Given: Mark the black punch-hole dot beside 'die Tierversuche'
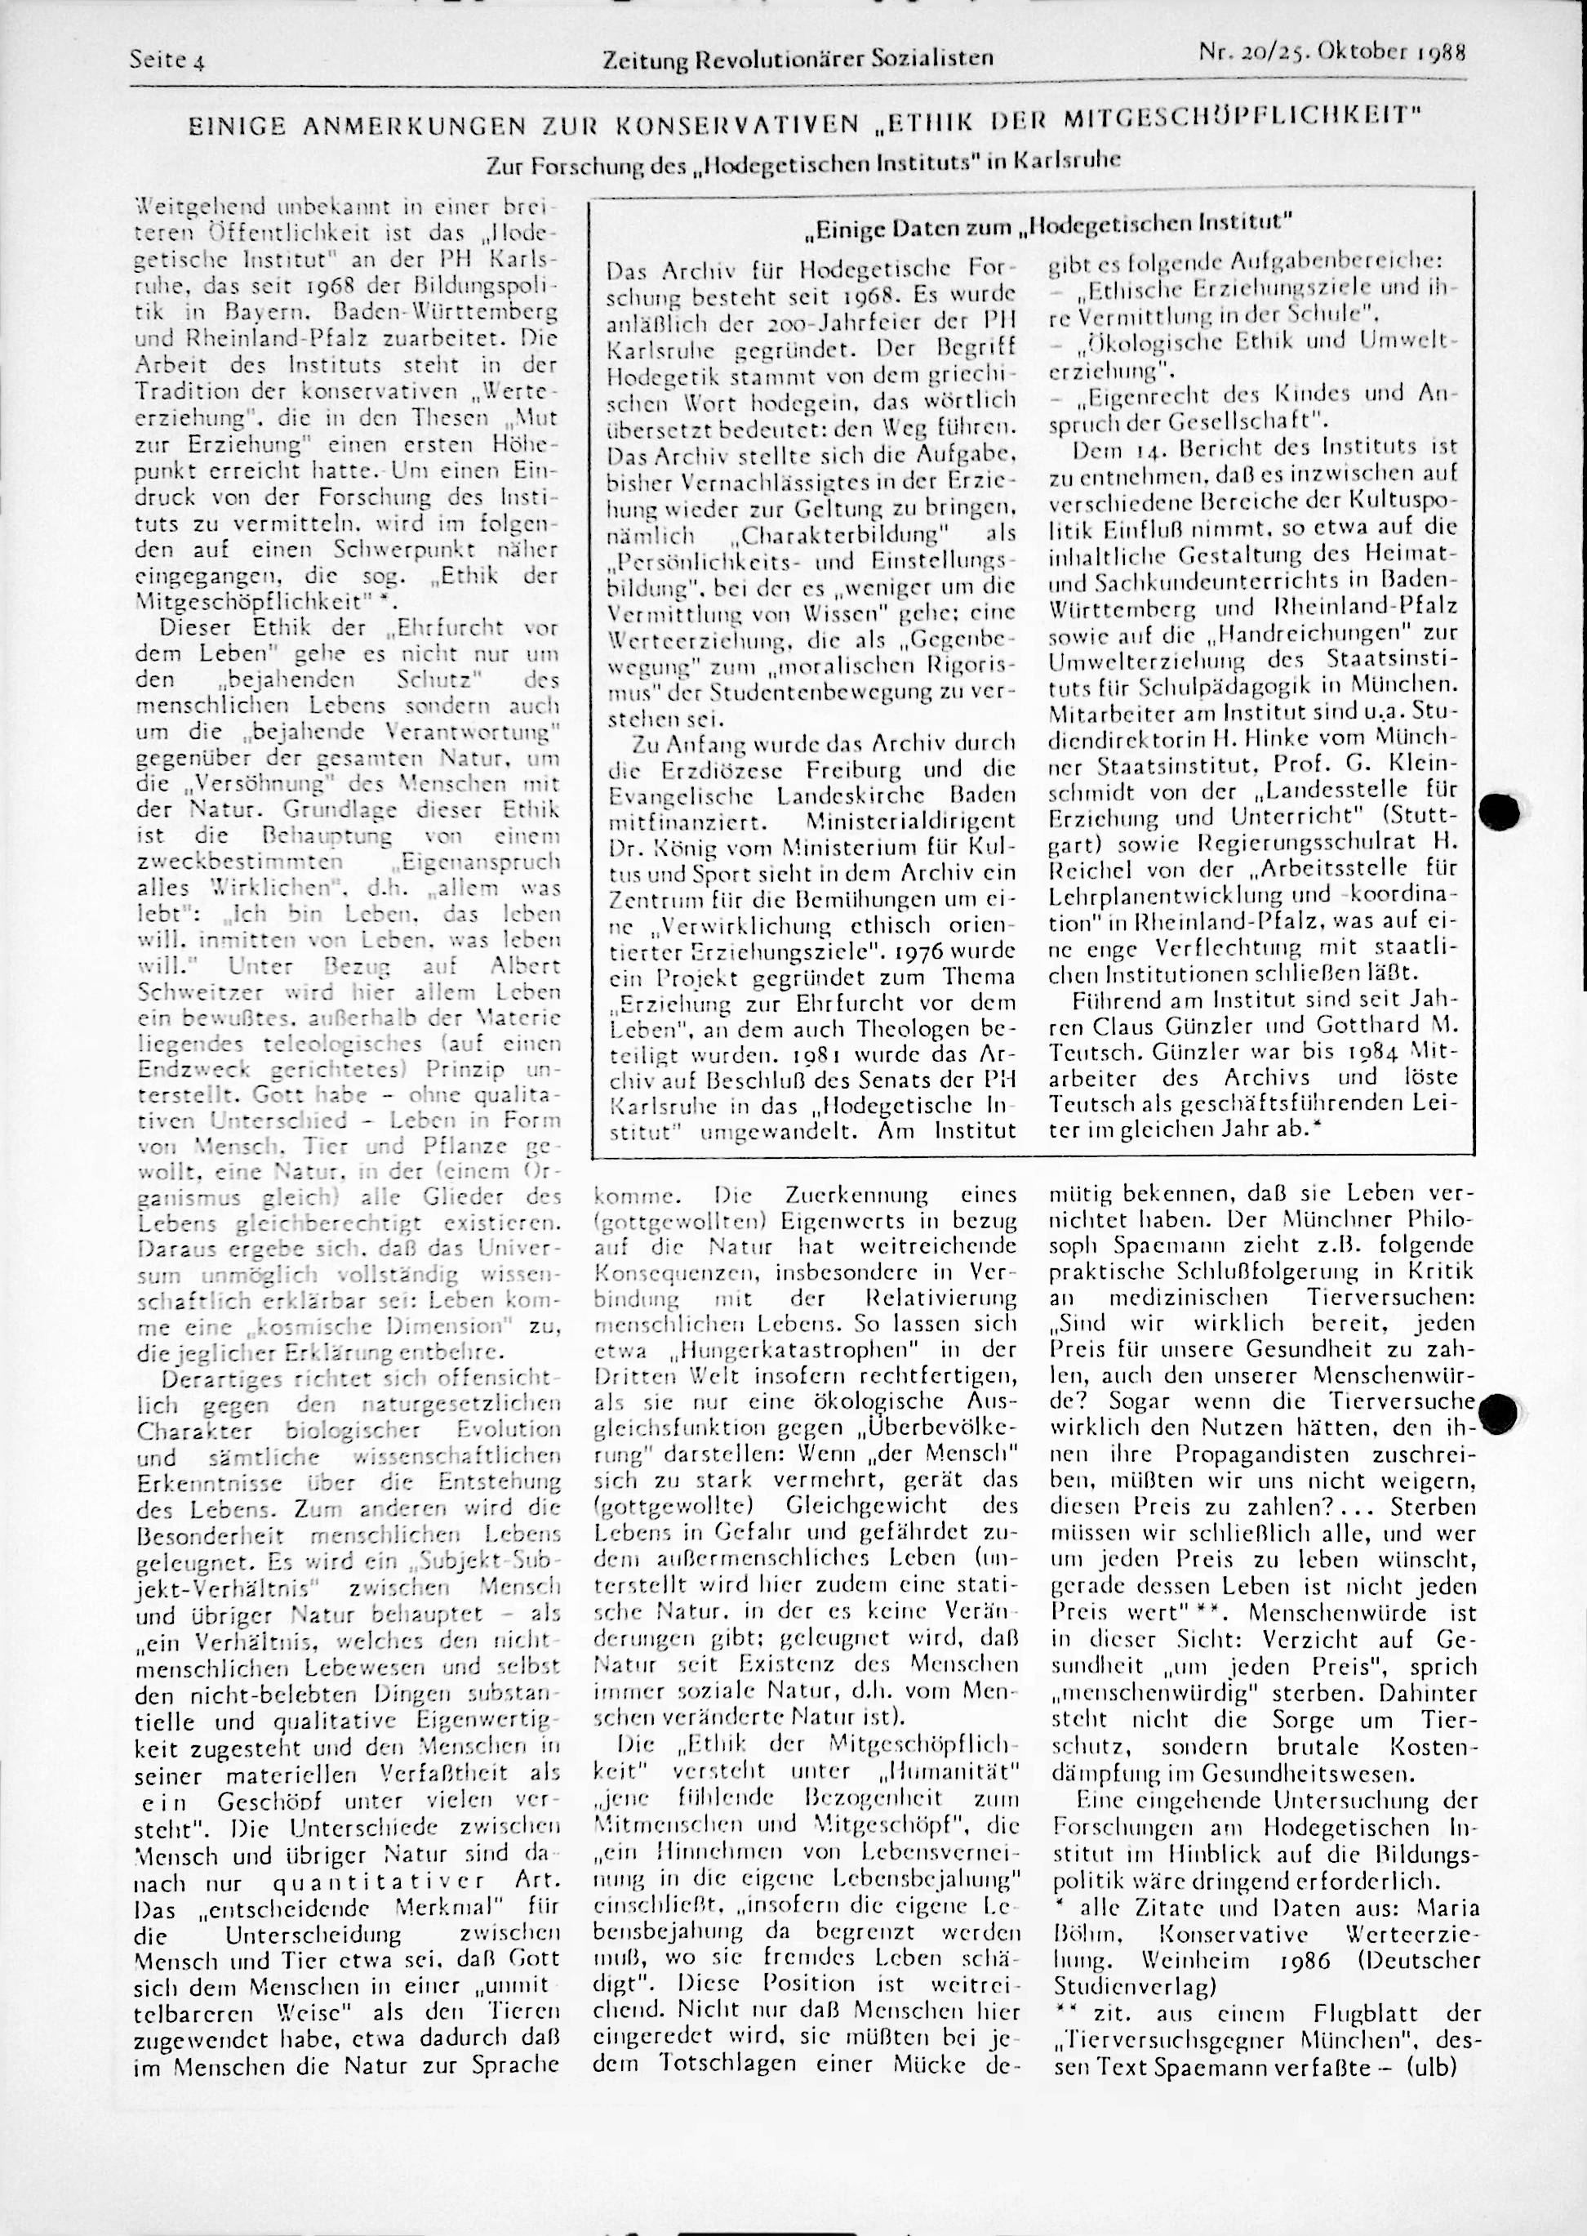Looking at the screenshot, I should [x=1496, y=1410].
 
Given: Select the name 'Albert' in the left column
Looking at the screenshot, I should [x=526, y=965].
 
